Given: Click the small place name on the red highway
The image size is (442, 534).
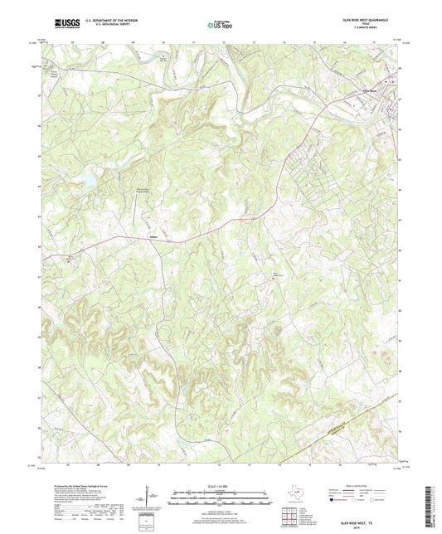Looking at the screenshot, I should [153, 239].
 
